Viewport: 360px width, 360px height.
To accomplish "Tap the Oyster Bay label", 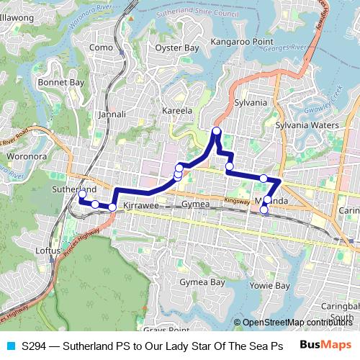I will pos(177,48).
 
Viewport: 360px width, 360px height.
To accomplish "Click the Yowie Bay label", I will pos(269,285).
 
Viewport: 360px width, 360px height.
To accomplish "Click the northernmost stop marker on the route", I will pos(216,131).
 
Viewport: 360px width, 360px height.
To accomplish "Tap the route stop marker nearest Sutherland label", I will pos(82,194).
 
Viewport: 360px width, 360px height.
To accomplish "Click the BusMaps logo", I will pos(326,345).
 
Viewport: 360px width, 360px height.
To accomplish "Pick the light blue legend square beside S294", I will pos(9,346).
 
